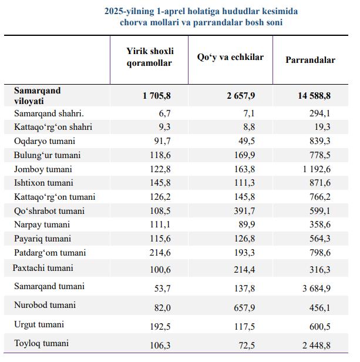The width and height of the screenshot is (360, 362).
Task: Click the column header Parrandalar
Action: [x=311, y=60]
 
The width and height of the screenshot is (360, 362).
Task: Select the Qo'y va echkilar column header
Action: [x=230, y=57]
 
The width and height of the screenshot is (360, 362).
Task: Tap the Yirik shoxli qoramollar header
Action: [x=150, y=57]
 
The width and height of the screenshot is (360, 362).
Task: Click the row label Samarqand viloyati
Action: [x=38, y=96]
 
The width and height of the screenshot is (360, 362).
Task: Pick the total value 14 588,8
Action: [x=314, y=96]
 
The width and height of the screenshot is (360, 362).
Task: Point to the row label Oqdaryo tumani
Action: [x=45, y=141]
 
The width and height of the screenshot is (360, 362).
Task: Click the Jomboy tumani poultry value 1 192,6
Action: [x=317, y=169]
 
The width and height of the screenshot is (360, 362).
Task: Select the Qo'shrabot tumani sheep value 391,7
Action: [x=244, y=211]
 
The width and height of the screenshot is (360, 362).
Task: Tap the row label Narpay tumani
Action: [x=42, y=224]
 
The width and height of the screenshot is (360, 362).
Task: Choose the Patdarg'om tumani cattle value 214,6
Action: [x=160, y=253]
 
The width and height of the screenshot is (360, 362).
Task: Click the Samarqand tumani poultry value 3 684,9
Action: [x=317, y=288]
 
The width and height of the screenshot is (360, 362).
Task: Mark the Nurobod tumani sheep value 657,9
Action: [x=244, y=307]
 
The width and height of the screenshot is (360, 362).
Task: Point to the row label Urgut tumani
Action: [x=39, y=324]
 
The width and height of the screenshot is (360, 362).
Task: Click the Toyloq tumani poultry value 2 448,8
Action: [x=317, y=346]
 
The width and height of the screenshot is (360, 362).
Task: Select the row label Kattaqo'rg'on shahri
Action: [x=53, y=127]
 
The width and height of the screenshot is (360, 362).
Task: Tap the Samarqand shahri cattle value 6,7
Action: [x=164, y=113]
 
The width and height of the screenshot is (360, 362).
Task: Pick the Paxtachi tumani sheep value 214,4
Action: [x=244, y=269]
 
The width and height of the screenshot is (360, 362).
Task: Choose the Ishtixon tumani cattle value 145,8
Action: [x=160, y=183]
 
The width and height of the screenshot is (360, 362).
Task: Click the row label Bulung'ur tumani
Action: [x=47, y=155]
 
